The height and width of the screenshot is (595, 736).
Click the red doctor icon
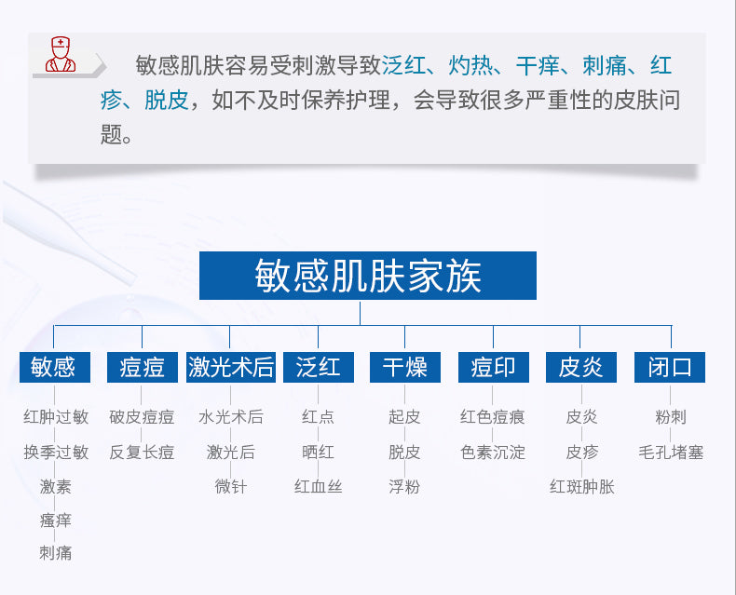(x=61, y=54)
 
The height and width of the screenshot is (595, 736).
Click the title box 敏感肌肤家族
(x=367, y=276)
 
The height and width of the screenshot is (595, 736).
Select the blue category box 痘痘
(x=143, y=367)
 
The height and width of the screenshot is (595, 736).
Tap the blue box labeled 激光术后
(x=230, y=367)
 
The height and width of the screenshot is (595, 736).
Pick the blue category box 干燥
(x=405, y=367)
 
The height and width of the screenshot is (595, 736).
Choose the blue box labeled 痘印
(x=494, y=367)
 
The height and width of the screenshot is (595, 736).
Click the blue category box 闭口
(x=670, y=367)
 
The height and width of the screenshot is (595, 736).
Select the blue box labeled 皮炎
(x=581, y=367)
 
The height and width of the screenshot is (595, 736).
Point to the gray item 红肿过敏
(x=56, y=417)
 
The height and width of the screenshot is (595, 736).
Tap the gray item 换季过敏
(x=56, y=453)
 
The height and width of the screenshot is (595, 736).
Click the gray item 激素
(x=55, y=487)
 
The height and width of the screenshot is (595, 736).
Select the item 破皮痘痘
(x=142, y=417)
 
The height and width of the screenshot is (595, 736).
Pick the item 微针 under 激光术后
(x=230, y=487)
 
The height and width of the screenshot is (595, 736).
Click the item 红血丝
(x=319, y=487)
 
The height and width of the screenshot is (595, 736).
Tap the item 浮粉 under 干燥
(x=404, y=487)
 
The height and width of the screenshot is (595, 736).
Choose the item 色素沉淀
(x=493, y=453)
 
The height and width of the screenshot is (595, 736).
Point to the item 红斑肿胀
(x=582, y=487)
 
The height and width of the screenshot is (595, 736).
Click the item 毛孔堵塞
(x=671, y=453)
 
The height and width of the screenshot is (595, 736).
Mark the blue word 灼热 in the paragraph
(x=470, y=65)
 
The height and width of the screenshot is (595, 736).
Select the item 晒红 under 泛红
(x=319, y=453)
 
